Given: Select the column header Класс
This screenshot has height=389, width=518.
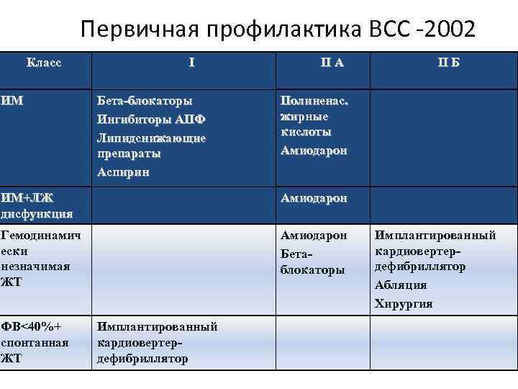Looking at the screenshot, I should click(44, 62).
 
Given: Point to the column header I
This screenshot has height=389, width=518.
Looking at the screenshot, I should click(191, 63).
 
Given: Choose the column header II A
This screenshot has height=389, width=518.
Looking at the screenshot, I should click(332, 63).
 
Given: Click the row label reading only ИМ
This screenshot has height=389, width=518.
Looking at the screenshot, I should click(12, 101).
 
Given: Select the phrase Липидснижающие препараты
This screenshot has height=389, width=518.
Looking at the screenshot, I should click(151, 145).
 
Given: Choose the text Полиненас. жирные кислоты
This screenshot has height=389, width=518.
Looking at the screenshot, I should click(314, 117).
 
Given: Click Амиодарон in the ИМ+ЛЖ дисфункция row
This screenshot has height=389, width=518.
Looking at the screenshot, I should click(314, 198).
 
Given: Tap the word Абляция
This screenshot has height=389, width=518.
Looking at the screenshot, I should click(401, 285).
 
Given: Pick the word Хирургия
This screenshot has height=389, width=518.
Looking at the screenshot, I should click(404, 303).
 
